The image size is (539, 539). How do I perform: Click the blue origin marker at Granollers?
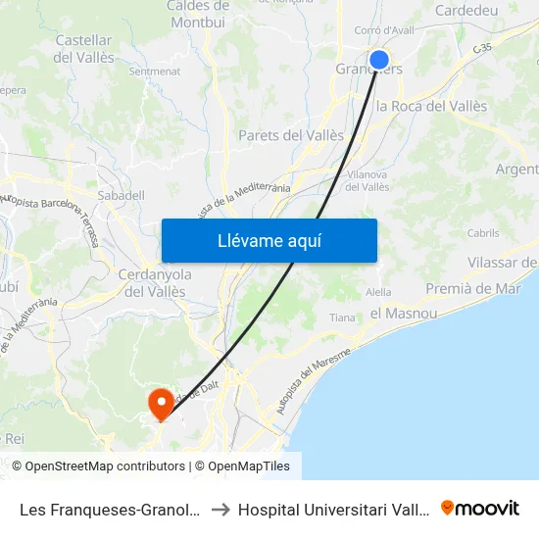click(x=379, y=61)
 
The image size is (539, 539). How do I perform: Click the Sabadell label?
click(x=122, y=195)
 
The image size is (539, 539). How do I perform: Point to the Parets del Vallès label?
click(x=291, y=135)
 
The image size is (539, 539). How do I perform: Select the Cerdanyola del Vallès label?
click(x=154, y=282)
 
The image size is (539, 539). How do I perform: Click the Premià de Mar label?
click(x=473, y=288)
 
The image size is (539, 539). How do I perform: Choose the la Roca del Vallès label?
click(x=432, y=106)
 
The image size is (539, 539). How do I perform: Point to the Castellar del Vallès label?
click(x=83, y=48)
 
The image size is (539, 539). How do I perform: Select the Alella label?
click(x=377, y=292)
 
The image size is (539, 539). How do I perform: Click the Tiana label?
click(x=342, y=318)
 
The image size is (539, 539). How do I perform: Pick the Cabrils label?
click(x=483, y=233)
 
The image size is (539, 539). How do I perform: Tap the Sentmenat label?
click(x=154, y=72)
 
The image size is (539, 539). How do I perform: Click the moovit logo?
click(x=480, y=508)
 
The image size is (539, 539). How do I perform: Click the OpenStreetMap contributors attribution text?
click(x=106, y=466)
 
